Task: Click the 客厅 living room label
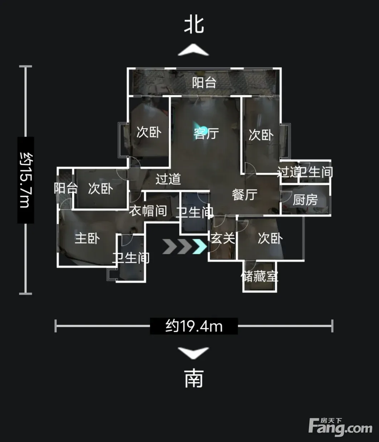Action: click(x=206, y=133)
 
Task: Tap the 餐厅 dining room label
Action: click(x=245, y=195)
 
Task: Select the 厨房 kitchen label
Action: click(x=305, y=200)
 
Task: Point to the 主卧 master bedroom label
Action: click(x=87, y=238)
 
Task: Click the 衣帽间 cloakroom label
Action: click(x=148, y=211)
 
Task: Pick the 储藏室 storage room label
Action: click(x=260, y=276)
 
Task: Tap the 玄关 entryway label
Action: click(x=223, y=238)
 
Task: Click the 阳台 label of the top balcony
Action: click(x=204, y=83)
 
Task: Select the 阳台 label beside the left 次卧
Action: click(x=66, y=188)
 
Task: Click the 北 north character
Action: click(x=194, y=25)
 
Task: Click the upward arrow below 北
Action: click(x=193, y=50)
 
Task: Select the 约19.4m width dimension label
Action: click(x=194, y=326)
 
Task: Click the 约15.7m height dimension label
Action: click(x=26, y=180)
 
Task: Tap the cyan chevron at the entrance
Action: click(x=200, y=246)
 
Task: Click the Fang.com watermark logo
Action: click(x=340, y=427)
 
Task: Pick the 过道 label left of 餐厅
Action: click(x=168, y=179)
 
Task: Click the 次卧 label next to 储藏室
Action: click(x=270, y=238)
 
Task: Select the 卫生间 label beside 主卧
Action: click(x=131, y=258)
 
